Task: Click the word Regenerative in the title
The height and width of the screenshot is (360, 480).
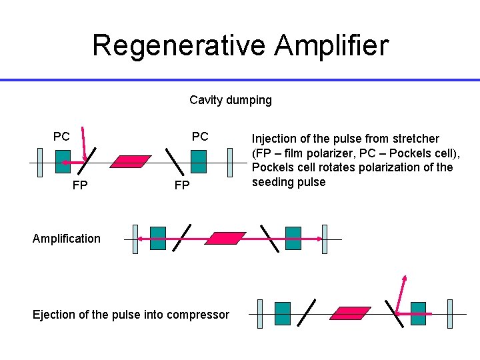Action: click(179, 45)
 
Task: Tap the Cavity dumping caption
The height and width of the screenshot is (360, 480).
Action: click(231, 100)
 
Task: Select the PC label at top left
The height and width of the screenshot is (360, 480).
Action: click(61, 137)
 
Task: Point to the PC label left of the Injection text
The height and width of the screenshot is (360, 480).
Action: click(200, 137)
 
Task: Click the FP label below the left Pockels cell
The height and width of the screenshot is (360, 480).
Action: click(79, 185)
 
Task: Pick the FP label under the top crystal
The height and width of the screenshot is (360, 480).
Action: click(181, 185)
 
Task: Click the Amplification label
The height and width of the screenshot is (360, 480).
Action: click(67, 239)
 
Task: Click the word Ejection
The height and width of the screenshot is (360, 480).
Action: click(55, 315)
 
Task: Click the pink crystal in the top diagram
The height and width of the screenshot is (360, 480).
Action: click(131, 161)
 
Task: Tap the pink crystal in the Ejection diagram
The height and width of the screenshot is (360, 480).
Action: click(351, 313)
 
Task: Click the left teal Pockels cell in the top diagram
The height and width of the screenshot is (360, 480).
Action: click(63, 161)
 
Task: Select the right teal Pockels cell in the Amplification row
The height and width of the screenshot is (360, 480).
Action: click(293, 238)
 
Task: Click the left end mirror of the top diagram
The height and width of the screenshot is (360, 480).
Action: click(40, 162)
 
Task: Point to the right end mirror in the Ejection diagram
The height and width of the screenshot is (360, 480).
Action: click(449, 313)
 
